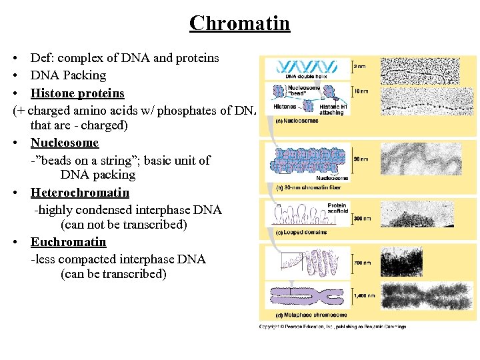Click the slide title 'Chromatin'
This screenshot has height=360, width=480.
click(239, 23)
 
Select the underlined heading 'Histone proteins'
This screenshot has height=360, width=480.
click(77, 93)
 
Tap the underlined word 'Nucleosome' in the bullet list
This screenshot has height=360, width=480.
click(65, 143)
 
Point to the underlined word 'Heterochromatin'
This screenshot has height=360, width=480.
click(80, 193)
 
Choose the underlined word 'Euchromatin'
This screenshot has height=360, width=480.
click(69, 242)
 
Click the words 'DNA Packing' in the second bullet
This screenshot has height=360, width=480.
click(68, 75)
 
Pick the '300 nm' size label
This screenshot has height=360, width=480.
click(363, 218)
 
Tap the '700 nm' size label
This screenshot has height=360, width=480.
click(363, 263)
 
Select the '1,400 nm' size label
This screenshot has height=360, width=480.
click(365, 295)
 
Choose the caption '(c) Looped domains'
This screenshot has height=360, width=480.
click(301, 232)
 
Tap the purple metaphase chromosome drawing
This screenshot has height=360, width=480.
click(307, 295)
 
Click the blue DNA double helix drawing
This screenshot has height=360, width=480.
click(307, 66)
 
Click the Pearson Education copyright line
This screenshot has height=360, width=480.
click(333, 327)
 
